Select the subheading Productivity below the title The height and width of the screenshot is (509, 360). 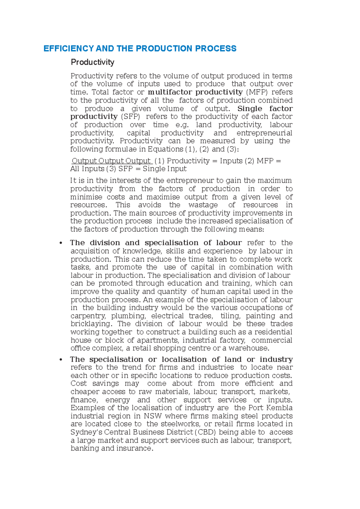(x=92, y=62)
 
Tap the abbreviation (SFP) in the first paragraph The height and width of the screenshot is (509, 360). (x=130, y=117)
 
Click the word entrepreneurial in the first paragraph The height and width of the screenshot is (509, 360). (x=264, y=133)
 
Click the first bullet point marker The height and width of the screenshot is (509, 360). (x=61, y=243)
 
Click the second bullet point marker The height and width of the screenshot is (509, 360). (x=61, y=359)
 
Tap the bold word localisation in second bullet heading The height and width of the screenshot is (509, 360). (x=184, y=359)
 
